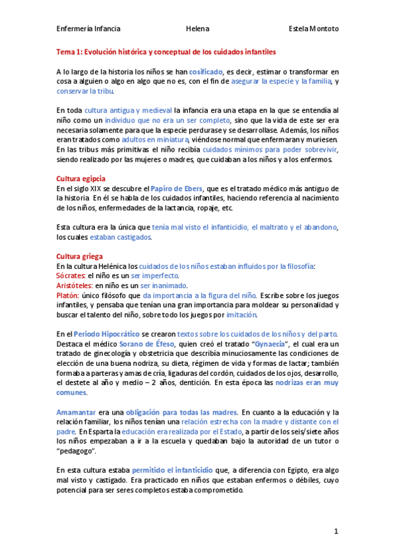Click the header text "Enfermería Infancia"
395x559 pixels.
(88, 29)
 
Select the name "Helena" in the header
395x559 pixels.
(197, 29)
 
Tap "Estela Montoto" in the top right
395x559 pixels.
(314, 29)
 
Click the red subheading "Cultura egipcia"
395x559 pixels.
(81, 179)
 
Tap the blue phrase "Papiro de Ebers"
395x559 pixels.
(176, 189)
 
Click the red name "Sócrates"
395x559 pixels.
(71, 276)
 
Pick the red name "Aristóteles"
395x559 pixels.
(75, 285)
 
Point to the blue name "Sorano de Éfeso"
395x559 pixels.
(147, 344)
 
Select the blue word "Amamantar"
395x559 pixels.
(76, 412)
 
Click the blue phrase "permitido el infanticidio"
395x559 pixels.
(172, 470)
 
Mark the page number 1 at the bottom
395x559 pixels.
(336, 531)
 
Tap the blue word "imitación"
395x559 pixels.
(241, 315)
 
